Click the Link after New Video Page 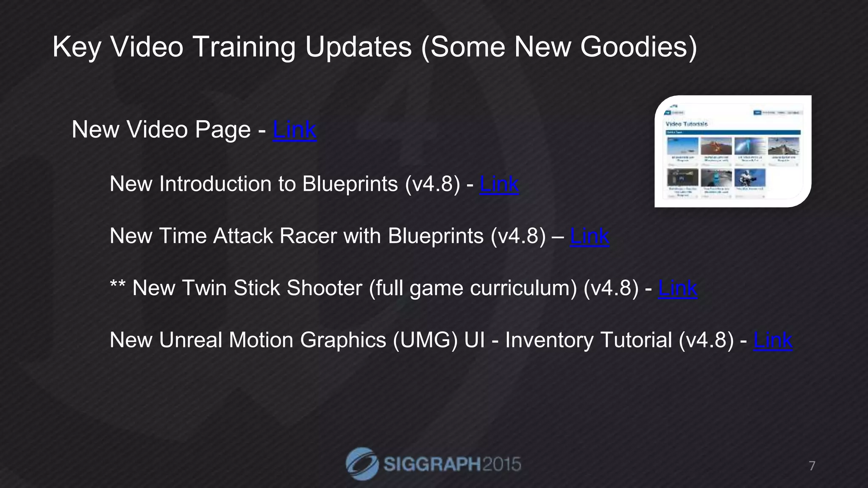[295, 130]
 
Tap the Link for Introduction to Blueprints [499, 184]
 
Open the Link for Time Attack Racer [589, 236]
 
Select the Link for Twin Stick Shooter [677, 288]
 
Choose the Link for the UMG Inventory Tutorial [773, 341]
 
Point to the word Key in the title [76, 47]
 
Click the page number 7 [812, 466]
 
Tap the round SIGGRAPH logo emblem [362, 464]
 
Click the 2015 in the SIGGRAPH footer [501, 464]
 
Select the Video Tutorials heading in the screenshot [687, 124]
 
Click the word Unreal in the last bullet [190, 341]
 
